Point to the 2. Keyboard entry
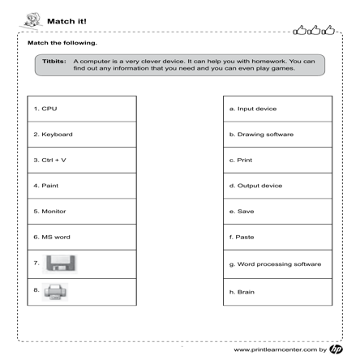(54, 134)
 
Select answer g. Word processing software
(275, 264)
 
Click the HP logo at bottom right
(338, 349)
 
